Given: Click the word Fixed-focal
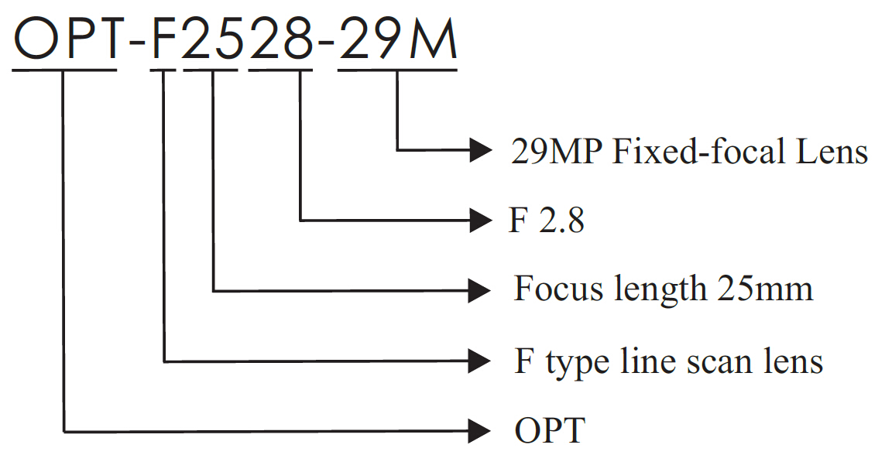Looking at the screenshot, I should [x=682, y=152].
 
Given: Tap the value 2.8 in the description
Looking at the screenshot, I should [x=560, y=222].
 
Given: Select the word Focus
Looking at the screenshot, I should [x=559, y=289].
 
